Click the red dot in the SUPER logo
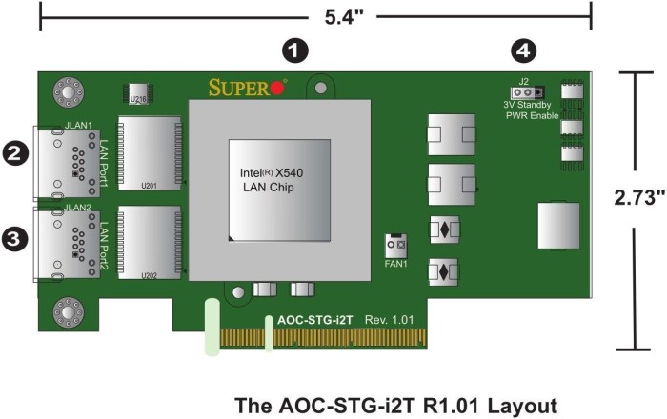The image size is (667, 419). point(278,89)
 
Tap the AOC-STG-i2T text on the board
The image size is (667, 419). point(310,320)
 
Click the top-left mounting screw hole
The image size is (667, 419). point(68,92)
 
